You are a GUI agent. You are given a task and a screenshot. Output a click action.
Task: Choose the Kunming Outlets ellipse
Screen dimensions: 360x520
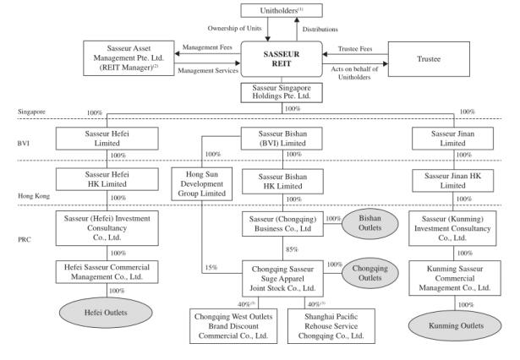[457, 323]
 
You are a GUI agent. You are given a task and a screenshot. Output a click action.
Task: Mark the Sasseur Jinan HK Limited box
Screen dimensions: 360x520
[457, 180]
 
